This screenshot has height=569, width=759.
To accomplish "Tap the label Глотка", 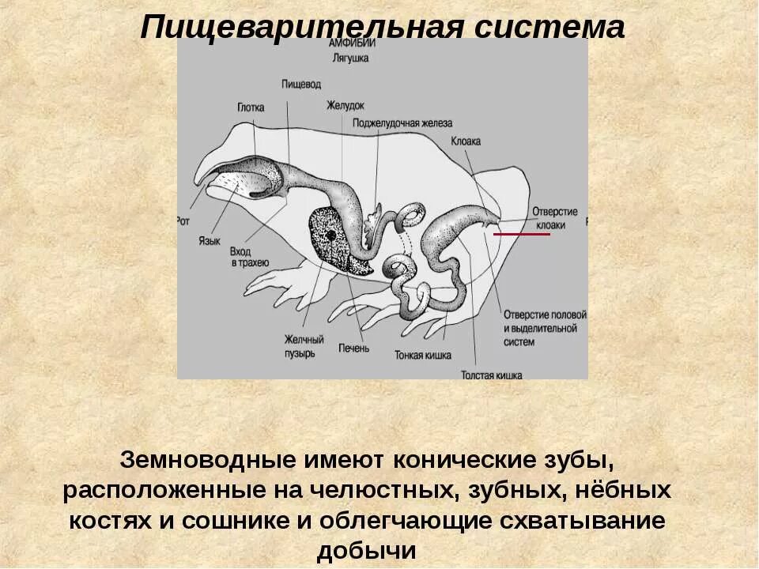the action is [x=250, y=107].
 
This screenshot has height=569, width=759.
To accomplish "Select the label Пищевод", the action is [x=300, y=82].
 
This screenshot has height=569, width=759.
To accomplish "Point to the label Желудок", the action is [x=346, y=105].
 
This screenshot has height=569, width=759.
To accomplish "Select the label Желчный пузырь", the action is [x=301, y=345].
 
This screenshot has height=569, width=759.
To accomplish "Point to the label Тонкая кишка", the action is [x=423, y=355].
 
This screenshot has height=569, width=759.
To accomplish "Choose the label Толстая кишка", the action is [x=492, y=376].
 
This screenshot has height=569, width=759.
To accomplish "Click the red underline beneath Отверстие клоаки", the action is [x=522, y=235].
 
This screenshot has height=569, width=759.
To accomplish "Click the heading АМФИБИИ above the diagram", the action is [x=353, y=44].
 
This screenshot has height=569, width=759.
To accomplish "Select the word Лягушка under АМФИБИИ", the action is [x=353, y=57].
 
